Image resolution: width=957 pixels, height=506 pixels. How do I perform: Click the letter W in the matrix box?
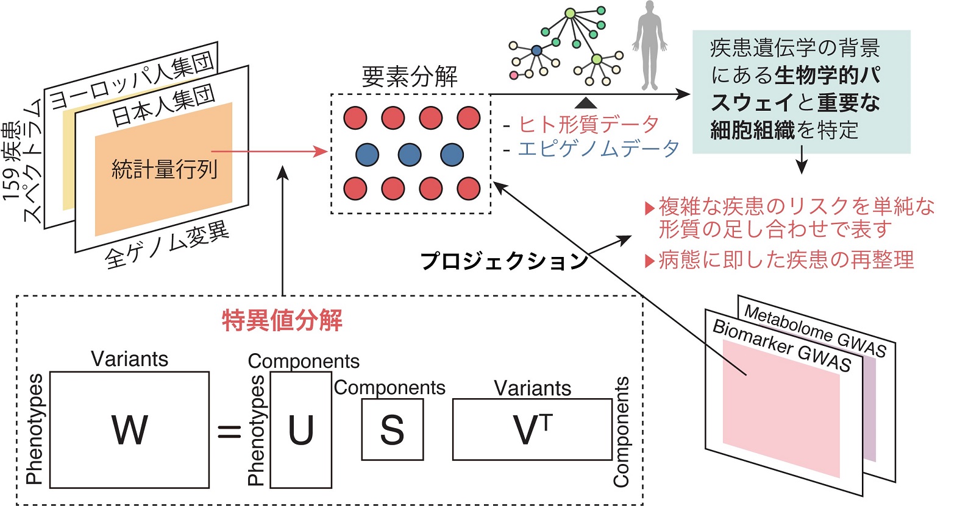coord(129,430)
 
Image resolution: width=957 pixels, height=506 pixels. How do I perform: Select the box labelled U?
coord(301,430)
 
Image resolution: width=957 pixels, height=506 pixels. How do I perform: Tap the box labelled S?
coord(392,430)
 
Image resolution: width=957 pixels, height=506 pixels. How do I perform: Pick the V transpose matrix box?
coord(532,430)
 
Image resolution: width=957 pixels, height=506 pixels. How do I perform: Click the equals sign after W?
coord(229,432)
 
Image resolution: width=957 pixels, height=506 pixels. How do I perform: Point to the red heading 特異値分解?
coord(282,320)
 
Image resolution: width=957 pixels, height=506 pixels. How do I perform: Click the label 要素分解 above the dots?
coord(410,77)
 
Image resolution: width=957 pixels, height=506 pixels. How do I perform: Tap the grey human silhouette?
coord(649,46)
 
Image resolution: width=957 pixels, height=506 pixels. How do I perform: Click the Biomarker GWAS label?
coord(781,345)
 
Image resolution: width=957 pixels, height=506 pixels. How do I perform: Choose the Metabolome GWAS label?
coord(815,331)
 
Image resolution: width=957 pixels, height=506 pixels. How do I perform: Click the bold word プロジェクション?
coord(503,261)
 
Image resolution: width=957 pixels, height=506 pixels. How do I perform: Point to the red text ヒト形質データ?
coord(588,124)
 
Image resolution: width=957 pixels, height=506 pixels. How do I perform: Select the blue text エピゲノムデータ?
coord(598,149)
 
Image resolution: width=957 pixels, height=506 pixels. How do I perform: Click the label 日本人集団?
coord(163,104)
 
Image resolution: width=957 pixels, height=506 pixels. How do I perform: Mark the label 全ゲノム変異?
coord(166,245)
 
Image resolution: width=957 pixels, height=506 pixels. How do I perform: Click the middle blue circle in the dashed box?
coord(410,155)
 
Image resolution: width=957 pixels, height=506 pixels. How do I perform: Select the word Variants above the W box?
coord(129,359)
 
